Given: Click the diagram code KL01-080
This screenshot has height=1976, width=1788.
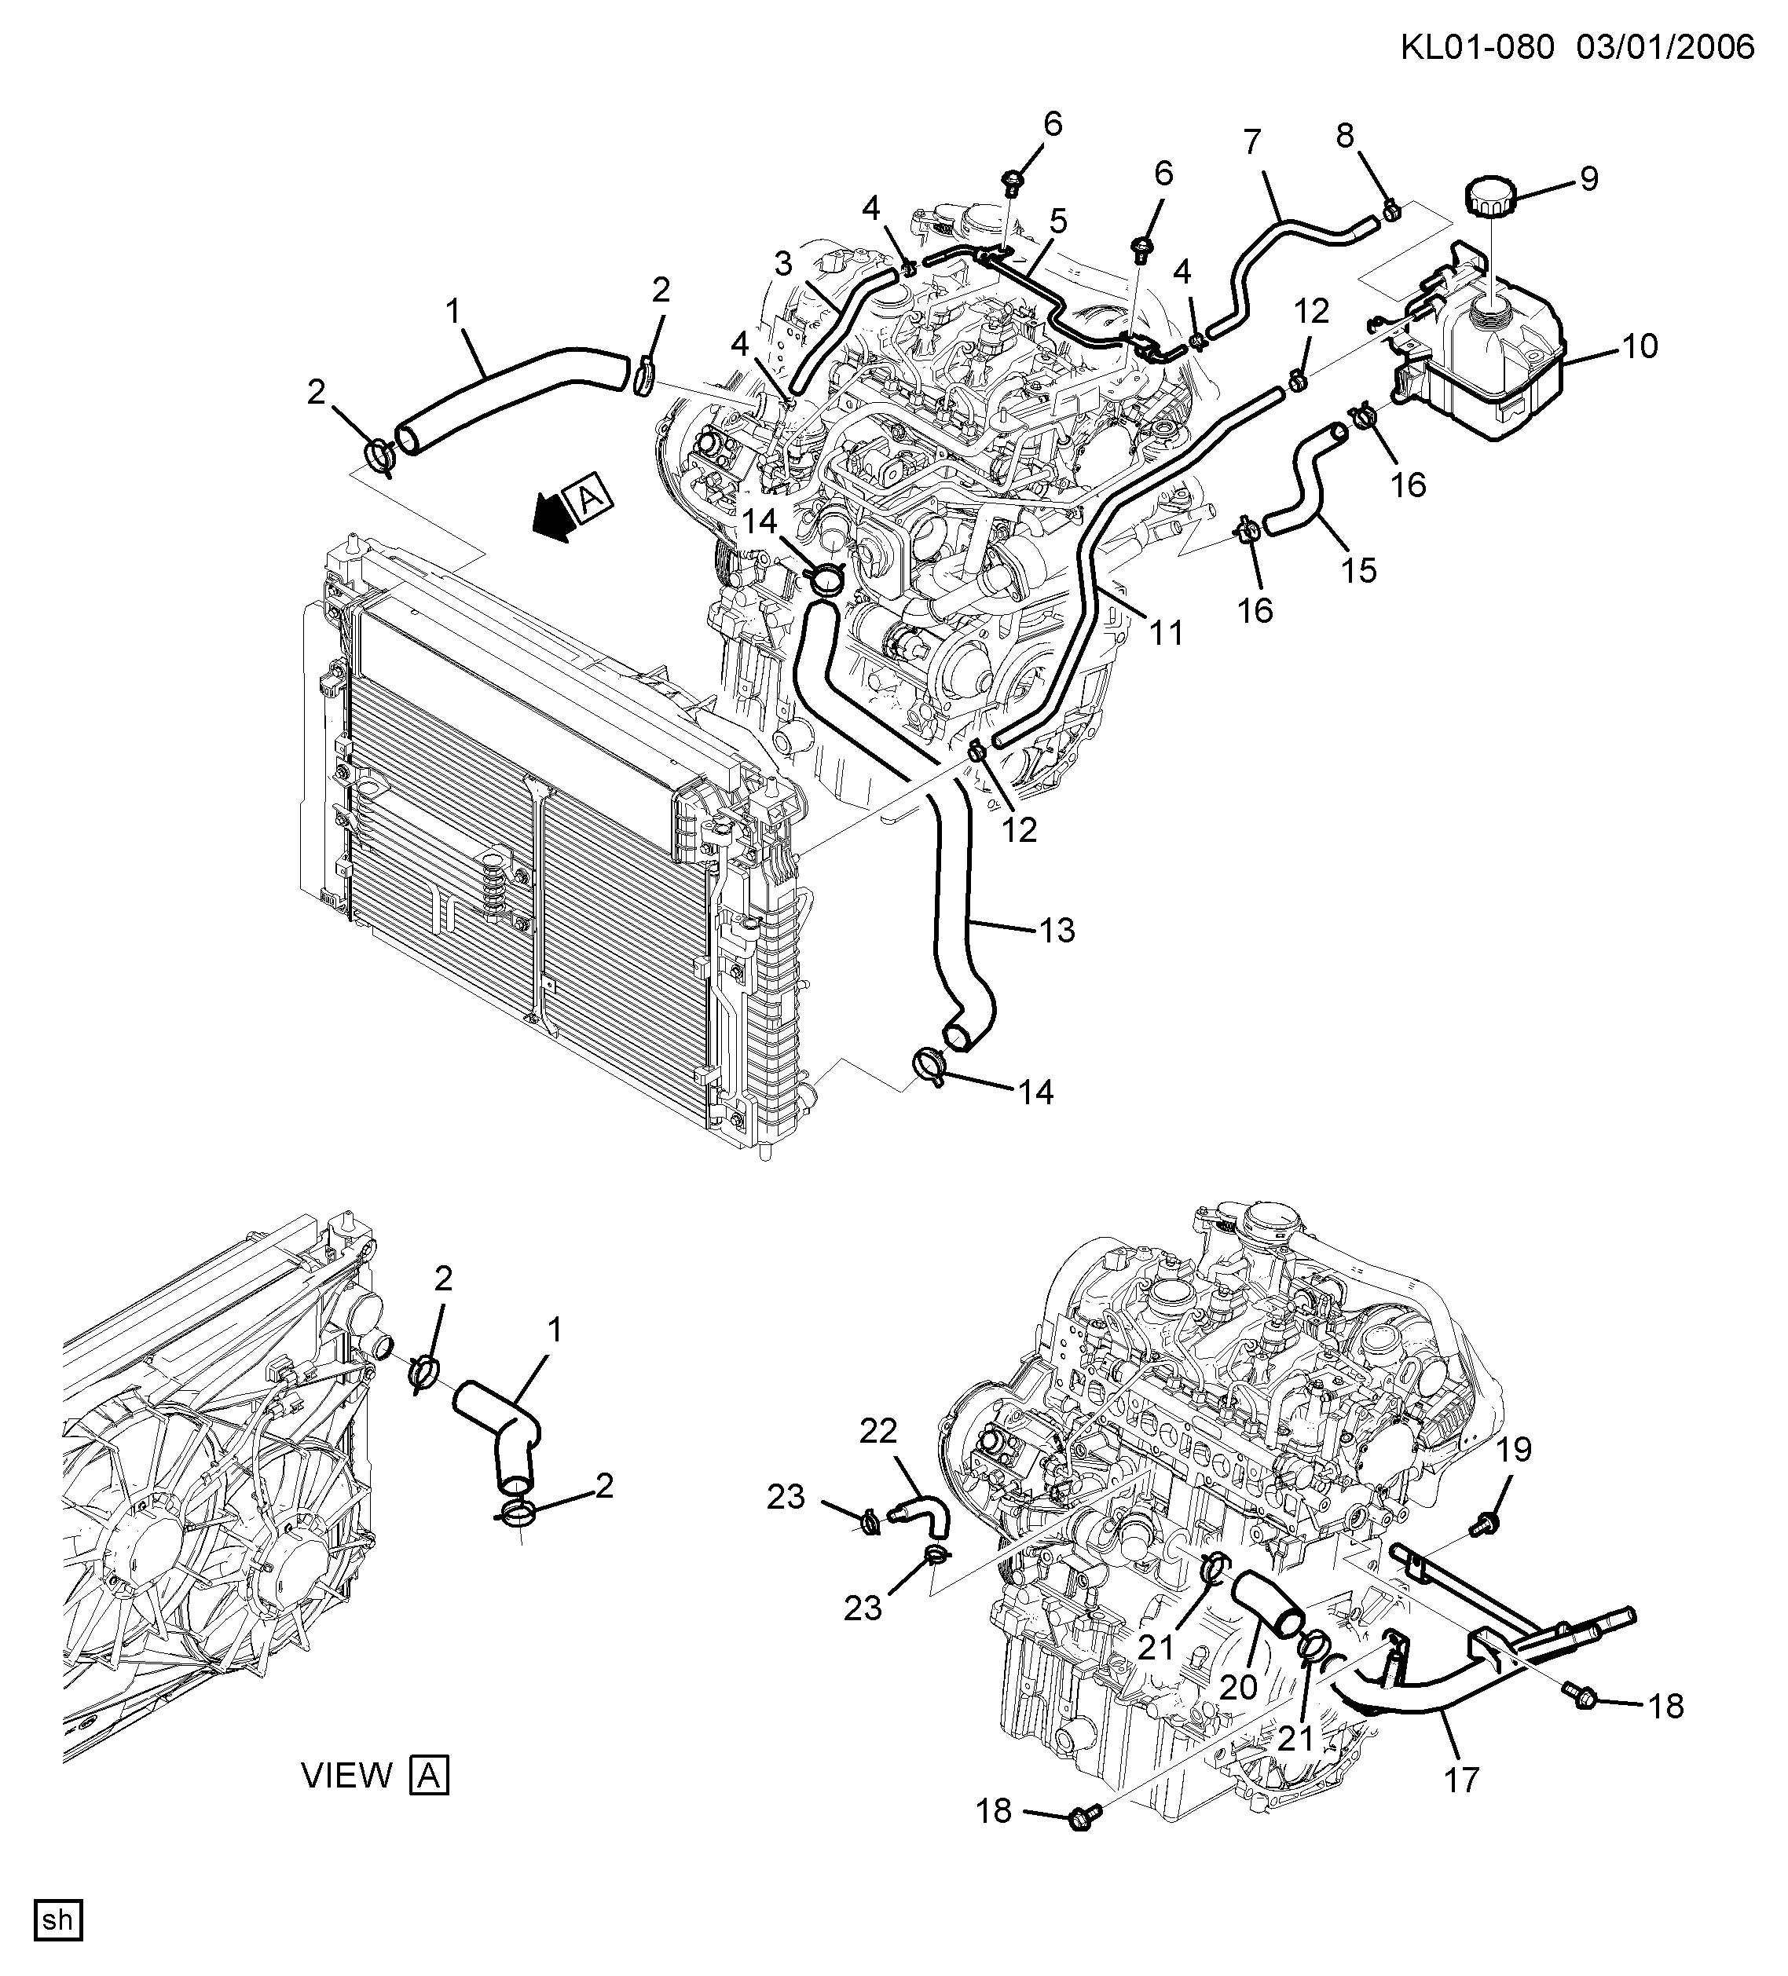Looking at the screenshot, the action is tap(1476, 46).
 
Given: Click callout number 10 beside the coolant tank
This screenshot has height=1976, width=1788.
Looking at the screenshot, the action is tap(1639, 346).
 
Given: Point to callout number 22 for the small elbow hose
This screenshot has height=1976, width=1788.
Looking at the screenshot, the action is tap(878, 1431).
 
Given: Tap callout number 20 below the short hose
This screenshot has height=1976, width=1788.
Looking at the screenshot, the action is tap(1238, 1687).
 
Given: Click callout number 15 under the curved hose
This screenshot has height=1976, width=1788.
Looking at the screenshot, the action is tap(1358, 570).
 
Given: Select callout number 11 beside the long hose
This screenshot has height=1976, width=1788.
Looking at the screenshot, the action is tap(1167, 633).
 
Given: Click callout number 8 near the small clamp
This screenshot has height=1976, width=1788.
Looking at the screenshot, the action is tap(1345, 136).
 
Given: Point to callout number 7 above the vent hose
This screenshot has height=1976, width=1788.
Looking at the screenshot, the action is tap(1251, 143).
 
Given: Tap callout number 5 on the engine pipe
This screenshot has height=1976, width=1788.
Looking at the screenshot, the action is tap(1057, 221).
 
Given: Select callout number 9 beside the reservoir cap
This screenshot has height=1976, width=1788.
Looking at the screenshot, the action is tap(1589, 179).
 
